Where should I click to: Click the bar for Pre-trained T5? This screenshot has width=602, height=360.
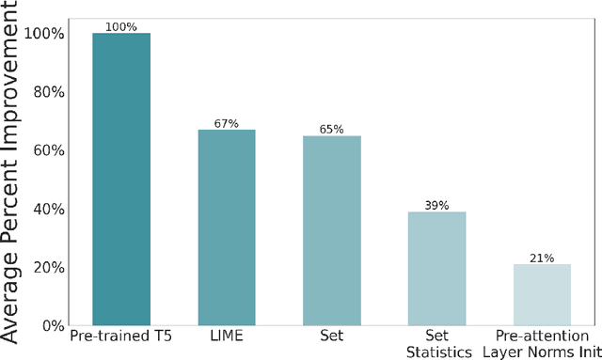[121, 179]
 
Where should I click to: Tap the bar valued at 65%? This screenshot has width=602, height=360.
[332, 230]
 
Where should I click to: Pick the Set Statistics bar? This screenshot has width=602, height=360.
[437, 268]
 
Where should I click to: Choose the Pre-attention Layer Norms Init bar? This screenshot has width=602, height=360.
[542, 294]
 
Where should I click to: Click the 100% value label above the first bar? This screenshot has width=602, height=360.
[121, 27]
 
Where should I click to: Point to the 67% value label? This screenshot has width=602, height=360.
[227, 123]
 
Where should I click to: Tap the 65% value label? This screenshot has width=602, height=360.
[332, 130]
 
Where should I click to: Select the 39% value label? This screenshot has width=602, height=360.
[437, 205]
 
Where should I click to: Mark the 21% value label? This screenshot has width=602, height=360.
[542, 258]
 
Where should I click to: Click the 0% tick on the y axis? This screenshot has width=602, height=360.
[52, 325]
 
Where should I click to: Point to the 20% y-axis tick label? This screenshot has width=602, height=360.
[47, 267]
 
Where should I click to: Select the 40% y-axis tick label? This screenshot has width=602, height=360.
[47, 209]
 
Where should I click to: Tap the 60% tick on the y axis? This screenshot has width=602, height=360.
[47, 150]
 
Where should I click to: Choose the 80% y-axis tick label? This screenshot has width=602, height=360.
[47, 92]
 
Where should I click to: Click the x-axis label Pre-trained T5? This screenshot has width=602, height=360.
[121, 336]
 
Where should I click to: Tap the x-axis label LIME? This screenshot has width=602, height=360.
[227, 336]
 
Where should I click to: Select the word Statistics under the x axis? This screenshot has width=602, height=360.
[437, 352]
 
